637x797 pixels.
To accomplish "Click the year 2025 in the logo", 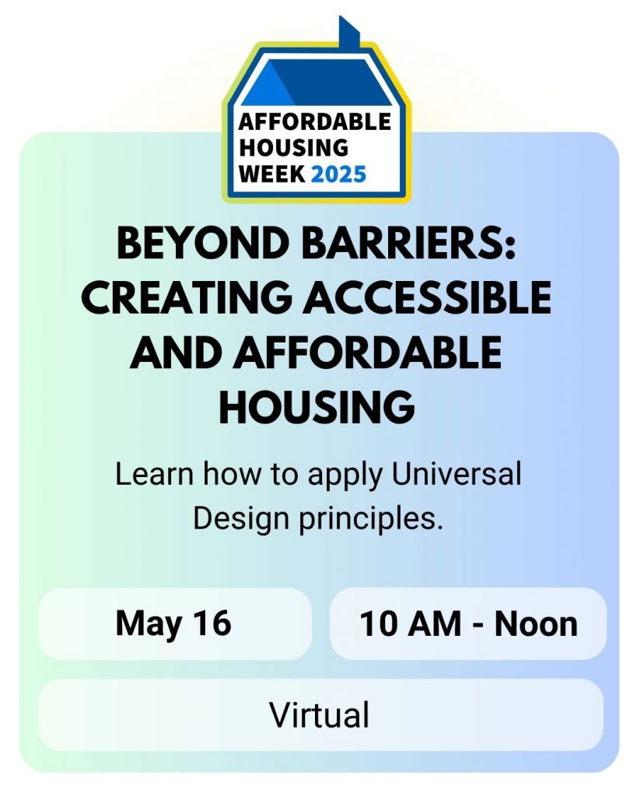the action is [x=338, y=174].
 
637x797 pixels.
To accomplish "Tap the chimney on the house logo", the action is [x=349, y=33].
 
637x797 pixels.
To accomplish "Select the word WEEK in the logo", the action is [x=272, y=174].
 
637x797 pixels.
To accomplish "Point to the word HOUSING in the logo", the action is [x=294, y=148].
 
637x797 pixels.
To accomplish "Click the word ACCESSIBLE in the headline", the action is [x=427, y=297].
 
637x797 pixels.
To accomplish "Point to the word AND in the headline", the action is [x=176, y=353].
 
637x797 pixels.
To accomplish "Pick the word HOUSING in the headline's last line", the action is [x=317, y=406].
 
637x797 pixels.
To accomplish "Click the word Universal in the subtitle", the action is [x=457, y=474].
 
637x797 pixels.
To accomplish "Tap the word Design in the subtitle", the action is [x=241, y=519].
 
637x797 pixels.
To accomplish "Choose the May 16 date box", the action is [x=175, y=623].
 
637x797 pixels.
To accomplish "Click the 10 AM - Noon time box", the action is [x=468, y=623].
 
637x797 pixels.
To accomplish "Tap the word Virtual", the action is [x=319, y=714].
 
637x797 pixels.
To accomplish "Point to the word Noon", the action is [x=536, y=623].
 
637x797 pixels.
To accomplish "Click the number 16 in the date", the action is [x=212, y=623].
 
